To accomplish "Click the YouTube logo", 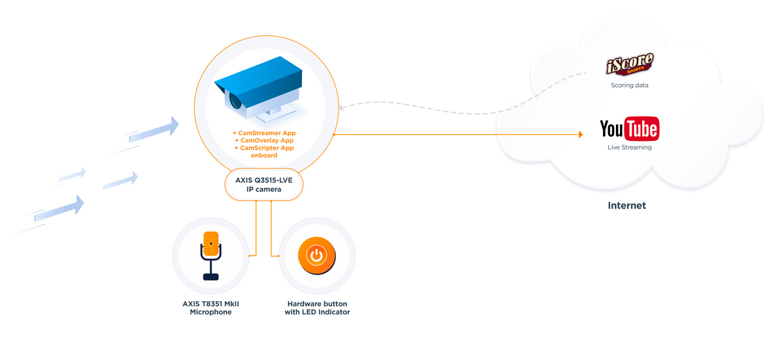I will tap(629, 128).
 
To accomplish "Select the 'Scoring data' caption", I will tap(629, 85).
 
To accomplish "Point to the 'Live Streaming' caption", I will tap(629, 147).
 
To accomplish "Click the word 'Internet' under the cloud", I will tap(626, 205).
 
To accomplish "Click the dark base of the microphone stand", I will tap(211, 277).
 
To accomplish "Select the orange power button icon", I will tap(316, 255).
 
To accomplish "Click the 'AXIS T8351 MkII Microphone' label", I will tap(211, 308).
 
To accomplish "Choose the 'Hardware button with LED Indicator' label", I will tap(317, 308).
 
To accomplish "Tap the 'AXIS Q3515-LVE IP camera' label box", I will tap(264, 185).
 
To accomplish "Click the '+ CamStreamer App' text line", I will tap(264, 133).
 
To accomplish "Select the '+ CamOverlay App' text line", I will tap(264, 140).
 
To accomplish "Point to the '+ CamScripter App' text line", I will tap(264, 148).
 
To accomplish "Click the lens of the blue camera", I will tap(235, 101).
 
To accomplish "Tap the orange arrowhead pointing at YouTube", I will tap(579, 135).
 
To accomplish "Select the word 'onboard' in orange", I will tap(264, 155).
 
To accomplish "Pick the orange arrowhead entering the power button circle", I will tap(277, 256).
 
